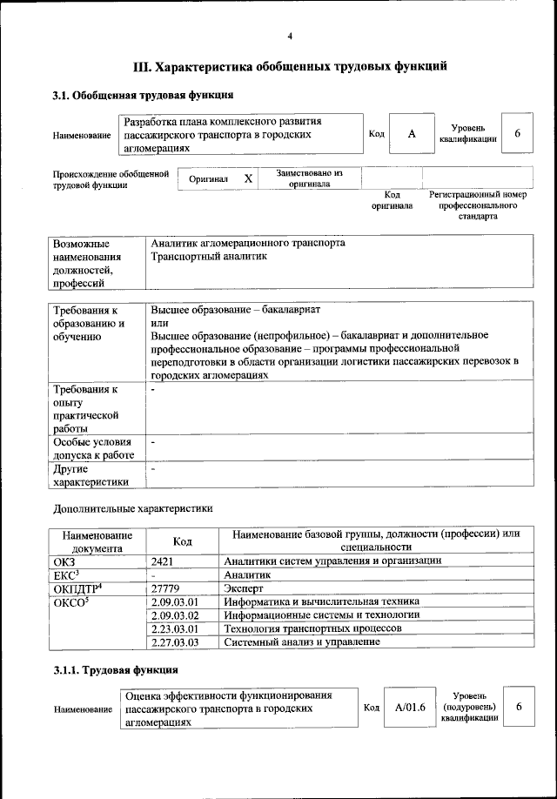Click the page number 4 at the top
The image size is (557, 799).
point(290,36)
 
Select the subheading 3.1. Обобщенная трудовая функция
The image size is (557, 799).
point(142,95)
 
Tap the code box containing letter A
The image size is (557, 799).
point(412,134)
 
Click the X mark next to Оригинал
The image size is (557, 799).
point(248,178)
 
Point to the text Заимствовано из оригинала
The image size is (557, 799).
point(309,178)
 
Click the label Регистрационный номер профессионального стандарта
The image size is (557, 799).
point(479,205)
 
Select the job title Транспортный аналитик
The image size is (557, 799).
point(207,257)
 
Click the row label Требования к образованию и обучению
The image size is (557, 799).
point(87,323)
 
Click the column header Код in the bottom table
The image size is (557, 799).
point(183,540)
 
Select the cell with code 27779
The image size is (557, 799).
point(165,588)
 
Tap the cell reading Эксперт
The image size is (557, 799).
point(245,588)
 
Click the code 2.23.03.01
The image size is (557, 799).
point(175,628)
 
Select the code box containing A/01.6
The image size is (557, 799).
point(409,708)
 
